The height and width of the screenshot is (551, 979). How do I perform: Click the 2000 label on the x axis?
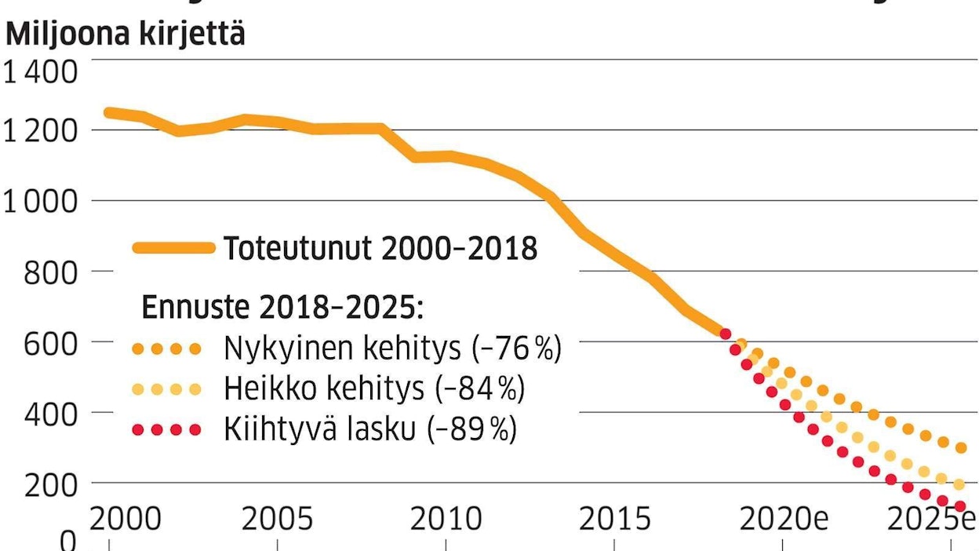point(126,520)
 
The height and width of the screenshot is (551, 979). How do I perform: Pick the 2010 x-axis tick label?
point(446,520)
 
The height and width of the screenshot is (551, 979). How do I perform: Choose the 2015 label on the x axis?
point(615,520)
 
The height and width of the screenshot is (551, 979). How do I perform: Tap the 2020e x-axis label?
point(784,520)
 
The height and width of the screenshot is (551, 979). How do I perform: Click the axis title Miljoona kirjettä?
point(126,35)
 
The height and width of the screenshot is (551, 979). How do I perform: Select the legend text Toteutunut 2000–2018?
point(380,249)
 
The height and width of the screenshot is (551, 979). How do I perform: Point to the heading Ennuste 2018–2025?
point(282,308)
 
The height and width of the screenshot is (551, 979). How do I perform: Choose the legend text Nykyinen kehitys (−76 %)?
point(393,348)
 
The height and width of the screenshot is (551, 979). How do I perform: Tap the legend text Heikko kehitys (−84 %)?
point(374,389)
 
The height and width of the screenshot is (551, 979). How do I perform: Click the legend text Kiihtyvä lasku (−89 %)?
point(370,430)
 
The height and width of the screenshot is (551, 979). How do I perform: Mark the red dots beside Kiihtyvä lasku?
point(167,430)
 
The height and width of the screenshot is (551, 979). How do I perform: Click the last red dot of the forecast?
point(959,506)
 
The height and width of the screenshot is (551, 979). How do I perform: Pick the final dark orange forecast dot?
point(961,447)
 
